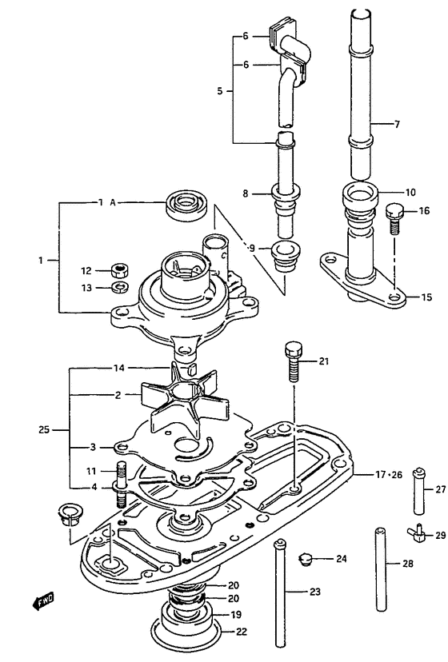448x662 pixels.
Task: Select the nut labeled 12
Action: point(119,269)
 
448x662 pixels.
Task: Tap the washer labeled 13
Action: point(121,287)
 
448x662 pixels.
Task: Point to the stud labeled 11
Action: point(121,485)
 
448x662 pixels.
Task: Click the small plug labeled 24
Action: point(305,560)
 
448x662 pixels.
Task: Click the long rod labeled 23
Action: point(280,592)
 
